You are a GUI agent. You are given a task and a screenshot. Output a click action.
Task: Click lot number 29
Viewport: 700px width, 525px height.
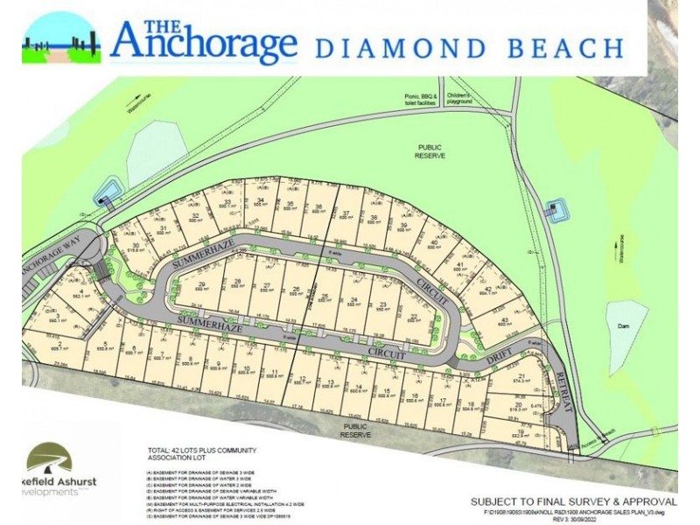click(x=201, y=285)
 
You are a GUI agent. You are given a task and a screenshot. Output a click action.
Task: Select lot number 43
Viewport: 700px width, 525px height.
click(x=505, y=321)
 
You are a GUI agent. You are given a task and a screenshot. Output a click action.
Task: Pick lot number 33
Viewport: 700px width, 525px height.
click(x=227, y=203)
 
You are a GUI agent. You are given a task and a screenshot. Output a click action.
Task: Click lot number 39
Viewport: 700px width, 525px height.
click(x=403, y=225)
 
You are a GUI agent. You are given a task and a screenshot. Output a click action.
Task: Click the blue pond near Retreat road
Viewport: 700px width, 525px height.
click(x=552, y=210)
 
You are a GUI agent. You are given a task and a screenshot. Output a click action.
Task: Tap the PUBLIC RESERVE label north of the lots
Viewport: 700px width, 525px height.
click(x=430, y=151)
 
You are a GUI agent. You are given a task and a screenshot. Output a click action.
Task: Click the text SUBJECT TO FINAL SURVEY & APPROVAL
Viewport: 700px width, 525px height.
click(x=573, y=501)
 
